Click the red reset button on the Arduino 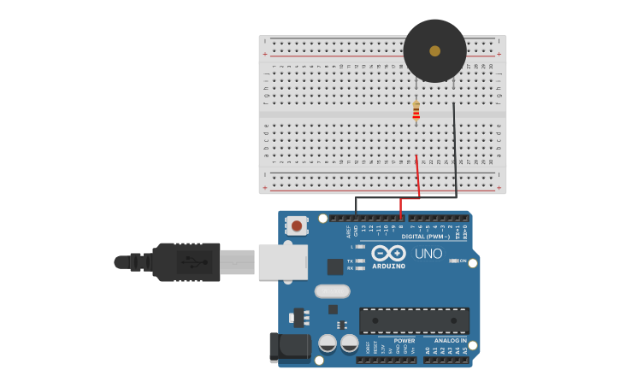click(296, 226)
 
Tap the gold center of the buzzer click(434, 51)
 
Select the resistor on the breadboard click(416, 110)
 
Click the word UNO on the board click(428, 254)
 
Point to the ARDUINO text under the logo click(388, 267)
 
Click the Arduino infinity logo click(388, 254)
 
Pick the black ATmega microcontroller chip click(414, 320)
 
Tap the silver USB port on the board click(281, 261)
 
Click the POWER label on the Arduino click(404, 341)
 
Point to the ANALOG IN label click(450, 341)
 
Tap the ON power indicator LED click(454, 261)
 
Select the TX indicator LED click(361, 261)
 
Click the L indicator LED click(361, 247)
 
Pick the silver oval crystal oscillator click(332, 291)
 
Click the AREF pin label click(348, 232)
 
